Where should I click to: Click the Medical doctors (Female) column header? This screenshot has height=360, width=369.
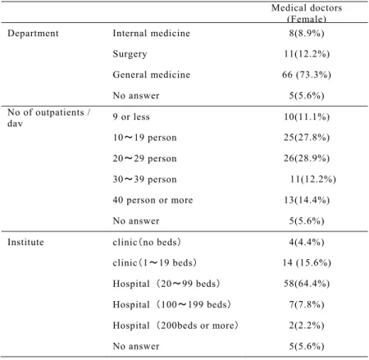[x=307, y=13]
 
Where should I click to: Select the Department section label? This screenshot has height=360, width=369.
[x=33, y=34]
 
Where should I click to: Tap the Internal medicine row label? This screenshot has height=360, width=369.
[x=152, y=34]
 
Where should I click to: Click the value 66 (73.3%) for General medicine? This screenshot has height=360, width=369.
[x=307, y=75]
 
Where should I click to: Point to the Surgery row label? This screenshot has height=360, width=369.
[x=130, y=54]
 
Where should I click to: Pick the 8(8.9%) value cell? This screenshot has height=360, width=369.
[x=307, y=34]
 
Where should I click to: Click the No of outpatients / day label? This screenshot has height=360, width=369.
[x=49, y=117]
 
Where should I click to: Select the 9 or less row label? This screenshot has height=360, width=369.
[x=131, y=116]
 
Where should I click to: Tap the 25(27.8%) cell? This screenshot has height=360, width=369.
[x=307, y=137]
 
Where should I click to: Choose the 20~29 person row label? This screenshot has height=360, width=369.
[x=144, y=158]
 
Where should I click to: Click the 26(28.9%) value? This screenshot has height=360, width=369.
[x=307, y=158]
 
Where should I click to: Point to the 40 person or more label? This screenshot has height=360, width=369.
[x=153, y=200]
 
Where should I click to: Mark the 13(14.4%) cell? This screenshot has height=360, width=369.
[x=307, y=200]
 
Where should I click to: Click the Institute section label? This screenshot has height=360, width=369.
[x=25, y=242]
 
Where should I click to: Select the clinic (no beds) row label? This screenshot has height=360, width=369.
[x=147, y=242]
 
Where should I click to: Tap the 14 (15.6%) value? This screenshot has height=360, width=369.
[x=307, y=263]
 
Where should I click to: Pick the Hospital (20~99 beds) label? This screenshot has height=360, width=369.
[x=166, y=284]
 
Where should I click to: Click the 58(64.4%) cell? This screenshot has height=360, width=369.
[x=307, y=284]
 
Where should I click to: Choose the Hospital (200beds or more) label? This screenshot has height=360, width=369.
[x=175, y=326]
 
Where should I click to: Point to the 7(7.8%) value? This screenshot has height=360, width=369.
[x=307, y=304]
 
